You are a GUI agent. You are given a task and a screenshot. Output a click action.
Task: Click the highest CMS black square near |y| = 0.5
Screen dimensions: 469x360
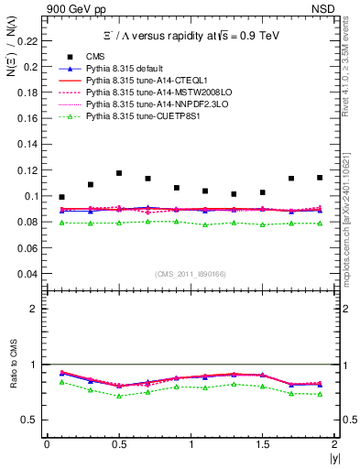coord(119,173)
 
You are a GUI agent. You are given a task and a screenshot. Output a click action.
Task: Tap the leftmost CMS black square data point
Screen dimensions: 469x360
coord(61,197)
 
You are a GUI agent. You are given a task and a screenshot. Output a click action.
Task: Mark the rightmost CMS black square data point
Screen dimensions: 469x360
coord(320,177)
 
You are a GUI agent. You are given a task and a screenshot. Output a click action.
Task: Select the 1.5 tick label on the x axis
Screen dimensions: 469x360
coord(262,444)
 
